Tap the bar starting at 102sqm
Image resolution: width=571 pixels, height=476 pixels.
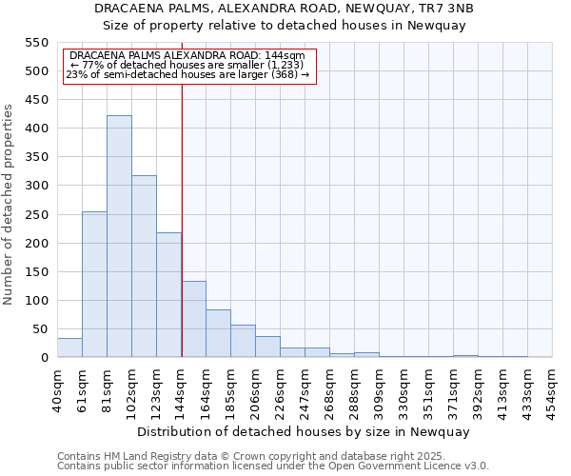click(144, 267)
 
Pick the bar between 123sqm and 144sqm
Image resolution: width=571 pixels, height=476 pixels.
click(168, 295)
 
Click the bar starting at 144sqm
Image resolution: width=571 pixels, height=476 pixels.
click(193, 319)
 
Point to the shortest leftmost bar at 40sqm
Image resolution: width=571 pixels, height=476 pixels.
click(69, 347)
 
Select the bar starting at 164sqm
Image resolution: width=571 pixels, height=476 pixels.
click(218, 333)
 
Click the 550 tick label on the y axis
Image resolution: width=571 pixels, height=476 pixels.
click(35, 43)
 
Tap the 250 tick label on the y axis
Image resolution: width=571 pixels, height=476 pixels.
click(35, 214)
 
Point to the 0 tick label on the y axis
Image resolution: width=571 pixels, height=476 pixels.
click(44, 358)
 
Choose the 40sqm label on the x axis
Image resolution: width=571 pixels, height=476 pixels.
click(57, 386)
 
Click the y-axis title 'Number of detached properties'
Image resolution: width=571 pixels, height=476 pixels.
click(9, 205)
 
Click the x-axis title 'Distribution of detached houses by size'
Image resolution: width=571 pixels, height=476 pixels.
click(304, 431)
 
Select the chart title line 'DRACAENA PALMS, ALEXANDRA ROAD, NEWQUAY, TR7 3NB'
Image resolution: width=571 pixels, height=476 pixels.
click(285, 9)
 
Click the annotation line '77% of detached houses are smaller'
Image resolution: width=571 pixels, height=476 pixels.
click(187, 65)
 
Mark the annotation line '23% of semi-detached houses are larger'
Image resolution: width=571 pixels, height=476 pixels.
click(187, 74)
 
